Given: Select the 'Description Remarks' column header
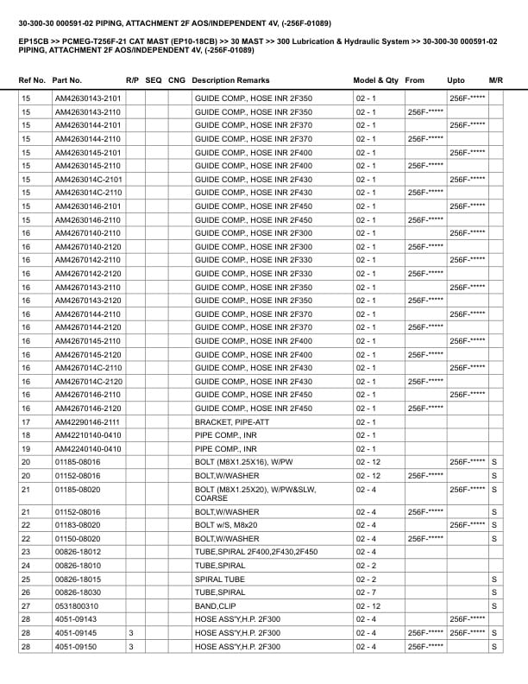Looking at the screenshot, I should (x=230, y=80).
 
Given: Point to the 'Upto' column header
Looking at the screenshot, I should (x=456, y=80).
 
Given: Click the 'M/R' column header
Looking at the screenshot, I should (x=495, y=80).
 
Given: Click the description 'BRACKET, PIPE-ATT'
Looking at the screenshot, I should (x=227, y=421).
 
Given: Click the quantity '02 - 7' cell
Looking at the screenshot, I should (x=366, y=592).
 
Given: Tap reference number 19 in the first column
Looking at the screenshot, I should (x=26, y=449).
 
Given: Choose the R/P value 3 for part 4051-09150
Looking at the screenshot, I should (x=130, y=646).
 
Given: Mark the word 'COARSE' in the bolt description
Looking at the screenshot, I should (x=212, y=498).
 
